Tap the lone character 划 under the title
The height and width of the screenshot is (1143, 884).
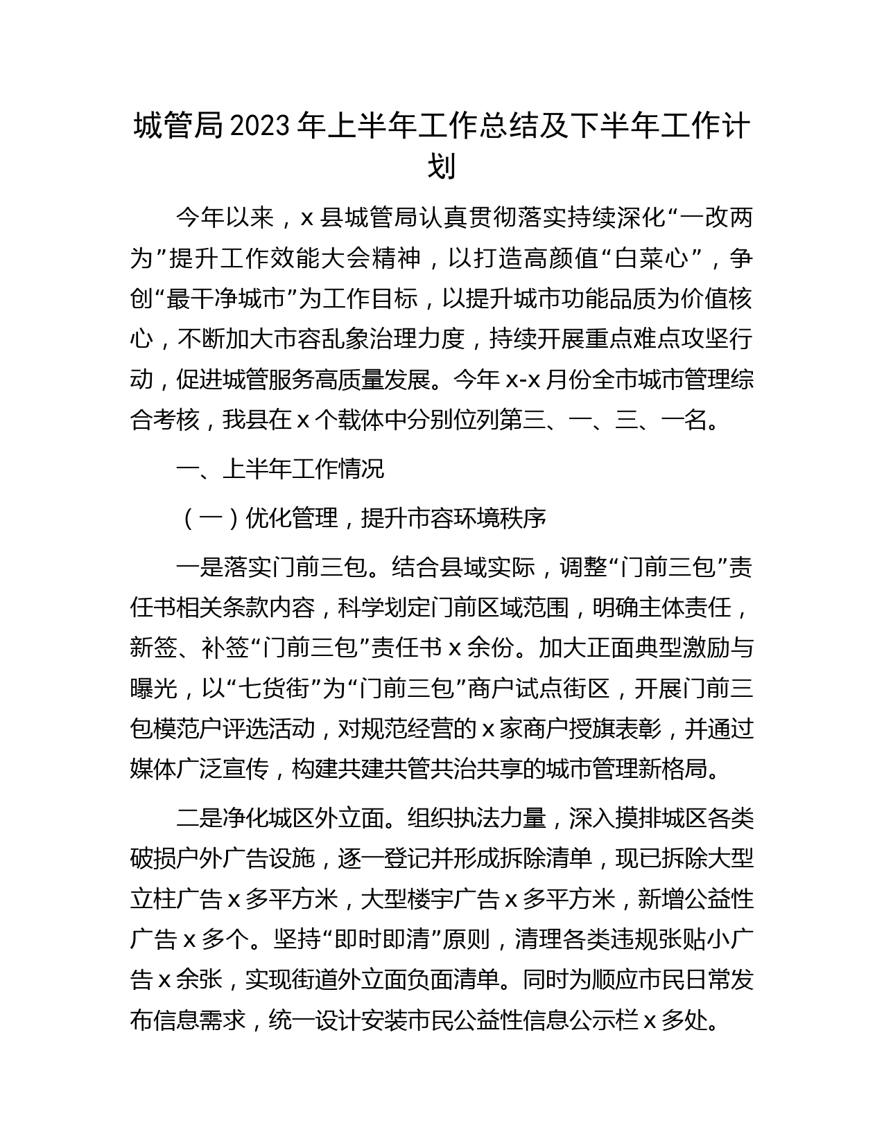click(x=442, y=167)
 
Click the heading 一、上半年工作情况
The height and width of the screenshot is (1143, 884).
click(x=280, y=469)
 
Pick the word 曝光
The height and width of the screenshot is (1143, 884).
click(x=153, y=689)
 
